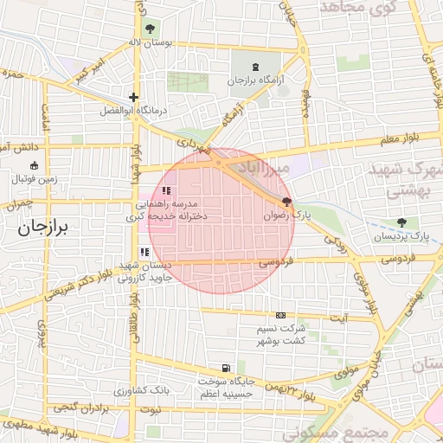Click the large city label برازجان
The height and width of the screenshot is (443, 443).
pyautogui.click(x=47, y=228)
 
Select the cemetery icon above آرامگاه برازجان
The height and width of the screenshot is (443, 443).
pyautogui.click(x=254, y=67)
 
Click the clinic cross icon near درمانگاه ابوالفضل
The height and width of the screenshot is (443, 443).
pyautogui.click(x=133, y=98)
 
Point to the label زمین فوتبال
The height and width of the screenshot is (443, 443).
pyautogui.click(x=34, y=179)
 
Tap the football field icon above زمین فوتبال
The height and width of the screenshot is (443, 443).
pyautogui.click(x=34, y=165)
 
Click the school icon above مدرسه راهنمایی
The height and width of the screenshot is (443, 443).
pyautogui.click(x=167, y=190)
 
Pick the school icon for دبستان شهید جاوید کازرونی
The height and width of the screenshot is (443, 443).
pyautogui.click(x=144, y=252)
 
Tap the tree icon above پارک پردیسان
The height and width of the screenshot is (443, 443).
pyautogui.click(x=401, y=222)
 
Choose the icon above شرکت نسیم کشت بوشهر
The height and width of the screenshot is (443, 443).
pyautogui.click(x=280, y=316)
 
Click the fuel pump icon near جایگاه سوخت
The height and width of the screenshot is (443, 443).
pyautogui.click(x=227, y=368)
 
